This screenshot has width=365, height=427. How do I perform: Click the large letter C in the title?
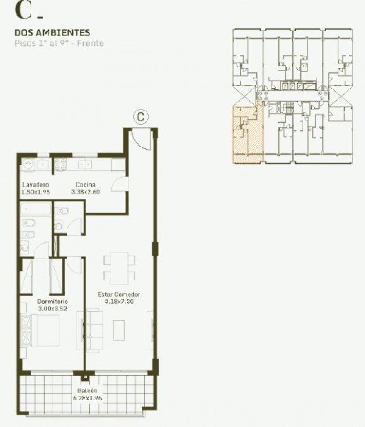23,10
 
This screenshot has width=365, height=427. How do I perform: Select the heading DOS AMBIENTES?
52,32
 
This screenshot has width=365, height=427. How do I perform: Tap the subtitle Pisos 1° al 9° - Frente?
59,44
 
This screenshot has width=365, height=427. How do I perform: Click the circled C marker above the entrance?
141,117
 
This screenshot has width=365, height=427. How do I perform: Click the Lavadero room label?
35,185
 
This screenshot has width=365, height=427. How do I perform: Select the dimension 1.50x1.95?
35,192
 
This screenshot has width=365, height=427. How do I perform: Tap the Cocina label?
85,185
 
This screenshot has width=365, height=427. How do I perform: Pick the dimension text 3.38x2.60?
85,192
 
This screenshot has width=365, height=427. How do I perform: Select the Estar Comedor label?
119,294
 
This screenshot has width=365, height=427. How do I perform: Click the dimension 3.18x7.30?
119,302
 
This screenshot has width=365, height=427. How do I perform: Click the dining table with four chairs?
120,267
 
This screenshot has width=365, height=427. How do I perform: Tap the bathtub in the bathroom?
36,209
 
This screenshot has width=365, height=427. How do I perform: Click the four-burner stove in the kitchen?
60,165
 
